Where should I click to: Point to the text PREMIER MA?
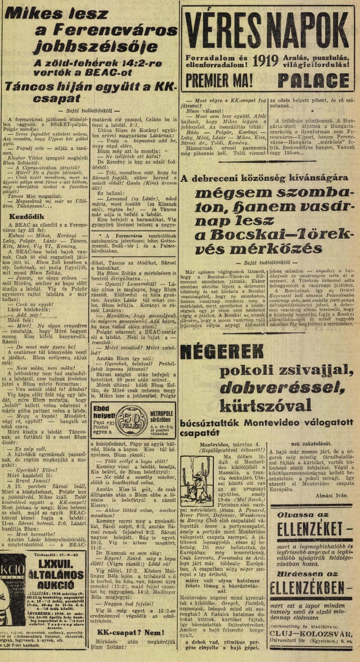(x=219, y=80)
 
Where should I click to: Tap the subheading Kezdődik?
(x=27, y=216)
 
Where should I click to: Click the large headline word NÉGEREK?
(x=220, y=352)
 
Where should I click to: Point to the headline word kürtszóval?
(x=265, y=406)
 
